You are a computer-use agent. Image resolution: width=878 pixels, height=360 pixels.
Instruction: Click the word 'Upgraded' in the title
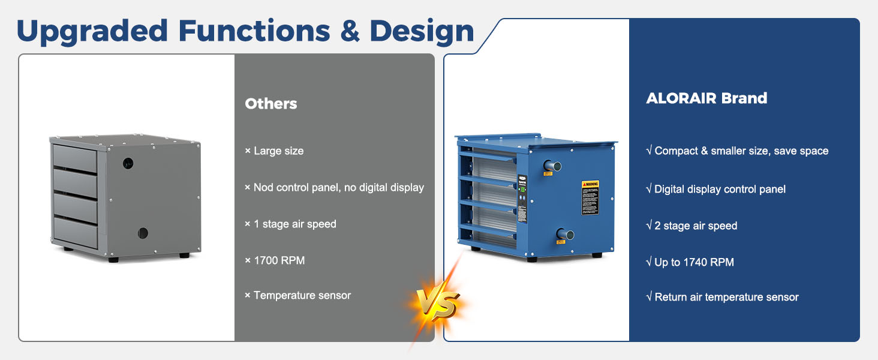point(92,31)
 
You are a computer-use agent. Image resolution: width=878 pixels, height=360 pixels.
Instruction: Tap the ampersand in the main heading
point(350,31)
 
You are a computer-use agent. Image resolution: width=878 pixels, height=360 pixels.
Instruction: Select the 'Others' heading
point(271,104)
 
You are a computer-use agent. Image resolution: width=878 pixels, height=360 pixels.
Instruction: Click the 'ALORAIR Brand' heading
point(706,98)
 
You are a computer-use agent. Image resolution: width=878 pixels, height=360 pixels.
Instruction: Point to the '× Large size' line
point(274,151)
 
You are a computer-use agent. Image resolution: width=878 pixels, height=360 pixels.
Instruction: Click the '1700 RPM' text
point(279,260)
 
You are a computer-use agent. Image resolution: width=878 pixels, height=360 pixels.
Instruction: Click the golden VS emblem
point(438,305)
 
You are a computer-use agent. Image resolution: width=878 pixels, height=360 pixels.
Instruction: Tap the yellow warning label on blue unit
point(590,197)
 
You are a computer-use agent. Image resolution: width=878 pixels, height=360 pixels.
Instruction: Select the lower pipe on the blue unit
point(565,234)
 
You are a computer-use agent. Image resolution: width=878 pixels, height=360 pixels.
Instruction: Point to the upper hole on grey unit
point(128,164)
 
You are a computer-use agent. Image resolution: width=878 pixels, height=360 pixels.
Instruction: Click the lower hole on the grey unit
point(143,233)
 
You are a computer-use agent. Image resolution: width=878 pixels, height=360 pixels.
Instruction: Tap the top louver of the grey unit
point(75,158)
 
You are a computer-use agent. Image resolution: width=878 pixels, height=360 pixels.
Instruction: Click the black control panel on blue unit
point(522,199)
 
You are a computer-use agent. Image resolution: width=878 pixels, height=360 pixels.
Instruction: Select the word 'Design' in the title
point(422,31)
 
